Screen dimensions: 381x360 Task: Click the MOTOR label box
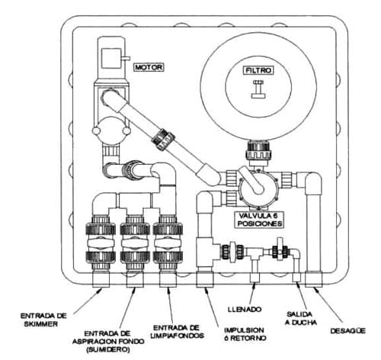149,67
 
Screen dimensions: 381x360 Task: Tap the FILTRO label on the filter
258,70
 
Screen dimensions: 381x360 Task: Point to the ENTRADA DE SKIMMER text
43,320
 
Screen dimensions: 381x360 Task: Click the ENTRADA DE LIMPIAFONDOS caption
178,332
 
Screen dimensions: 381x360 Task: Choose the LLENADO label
245,310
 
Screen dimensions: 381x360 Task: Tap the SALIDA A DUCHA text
301,319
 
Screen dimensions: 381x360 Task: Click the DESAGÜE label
348,330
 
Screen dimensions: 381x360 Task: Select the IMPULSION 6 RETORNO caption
245,334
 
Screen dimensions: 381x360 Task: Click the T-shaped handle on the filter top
258,89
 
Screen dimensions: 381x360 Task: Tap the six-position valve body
257,188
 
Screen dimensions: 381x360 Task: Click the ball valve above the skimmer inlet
101,243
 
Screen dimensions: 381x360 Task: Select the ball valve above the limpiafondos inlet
168,243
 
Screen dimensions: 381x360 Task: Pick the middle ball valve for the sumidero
135,243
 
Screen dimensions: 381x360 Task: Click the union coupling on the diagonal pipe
163,140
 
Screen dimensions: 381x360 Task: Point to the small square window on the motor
110,58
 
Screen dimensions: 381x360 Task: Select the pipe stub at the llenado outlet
255,278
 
